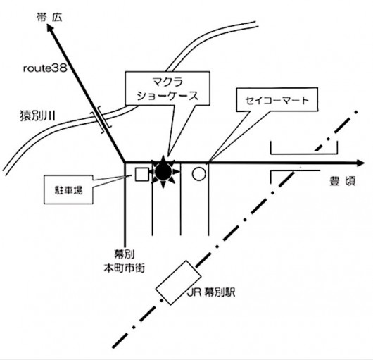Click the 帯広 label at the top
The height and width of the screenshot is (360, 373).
click(x=49, y=18)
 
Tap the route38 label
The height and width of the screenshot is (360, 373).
click(x=45, y=68)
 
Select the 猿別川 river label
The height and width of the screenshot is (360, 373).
click(x=37, y=116)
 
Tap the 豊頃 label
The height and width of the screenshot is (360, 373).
click(x=343, y=181)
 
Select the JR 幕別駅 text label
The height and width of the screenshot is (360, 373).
click(x=211, y=292)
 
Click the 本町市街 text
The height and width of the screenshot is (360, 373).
click(x=124, y=268)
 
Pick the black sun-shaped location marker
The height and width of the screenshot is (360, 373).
click(x=163, y=171)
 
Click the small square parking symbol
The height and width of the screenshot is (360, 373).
click(x=142, y=174)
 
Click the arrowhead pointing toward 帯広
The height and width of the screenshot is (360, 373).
click(x=51, y=28)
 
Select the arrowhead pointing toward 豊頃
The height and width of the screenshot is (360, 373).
click(x=360, y=163)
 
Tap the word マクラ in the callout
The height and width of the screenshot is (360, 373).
click(x=167, y=82)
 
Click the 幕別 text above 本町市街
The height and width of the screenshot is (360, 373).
click(x=124, y=254)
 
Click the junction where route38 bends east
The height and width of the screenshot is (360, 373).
click(x=125, y=162)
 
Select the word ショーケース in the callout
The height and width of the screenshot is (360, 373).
click(x=167, y=96)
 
